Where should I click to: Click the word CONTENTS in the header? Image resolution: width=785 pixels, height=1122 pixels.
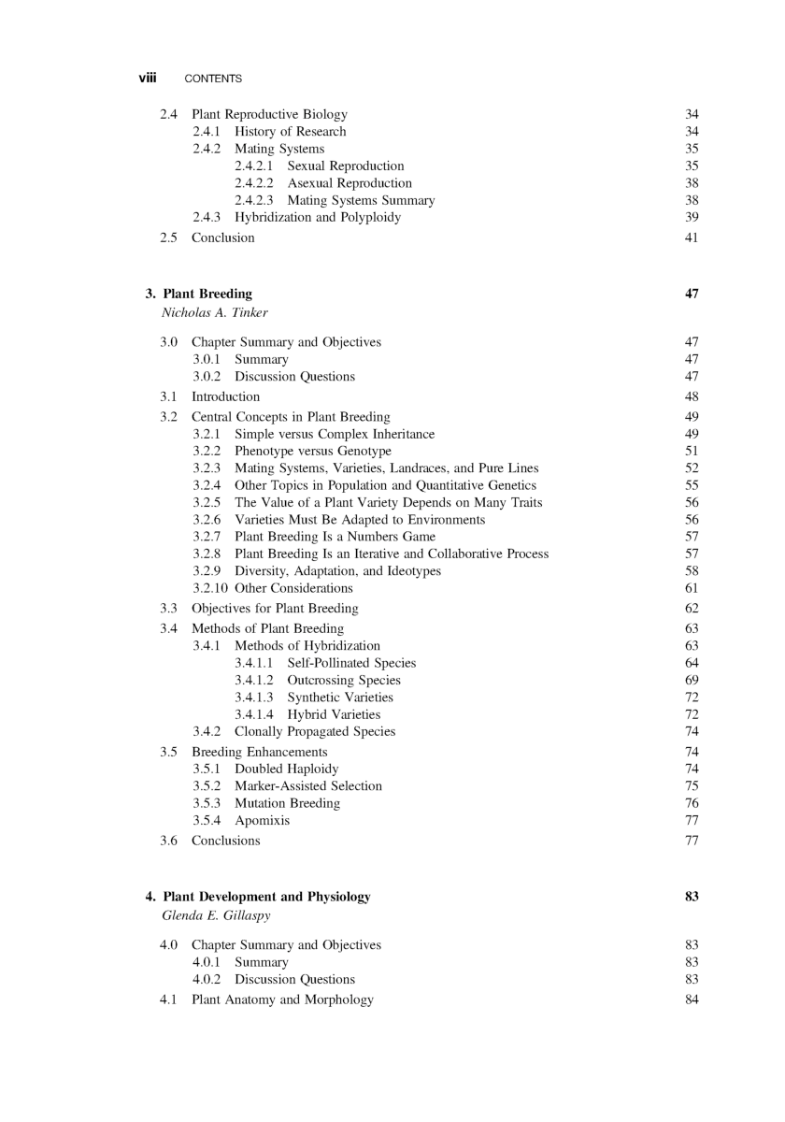click(213, 79)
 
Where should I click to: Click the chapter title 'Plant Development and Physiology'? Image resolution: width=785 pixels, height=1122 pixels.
click(266, 897)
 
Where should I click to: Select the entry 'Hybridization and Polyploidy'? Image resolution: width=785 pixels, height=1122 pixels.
click(318, 217)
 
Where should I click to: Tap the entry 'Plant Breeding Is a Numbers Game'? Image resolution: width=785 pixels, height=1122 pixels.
click(335, 537)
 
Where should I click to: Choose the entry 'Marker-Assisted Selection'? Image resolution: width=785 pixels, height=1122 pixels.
click(308, 786)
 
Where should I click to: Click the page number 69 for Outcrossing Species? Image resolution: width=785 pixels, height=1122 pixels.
click(692, 681)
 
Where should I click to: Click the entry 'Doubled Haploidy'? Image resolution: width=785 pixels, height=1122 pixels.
click(287, 769)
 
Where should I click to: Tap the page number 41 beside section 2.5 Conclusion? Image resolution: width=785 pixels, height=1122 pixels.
click(692, 237)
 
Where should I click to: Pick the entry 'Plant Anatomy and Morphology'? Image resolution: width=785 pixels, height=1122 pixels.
click(282, 1000)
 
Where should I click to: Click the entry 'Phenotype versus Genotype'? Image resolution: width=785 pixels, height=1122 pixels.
click(313, 452)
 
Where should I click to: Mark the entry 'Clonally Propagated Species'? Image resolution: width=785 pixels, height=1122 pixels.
click(315, 731)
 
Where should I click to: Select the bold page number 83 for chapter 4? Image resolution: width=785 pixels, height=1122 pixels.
click(692, 897)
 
